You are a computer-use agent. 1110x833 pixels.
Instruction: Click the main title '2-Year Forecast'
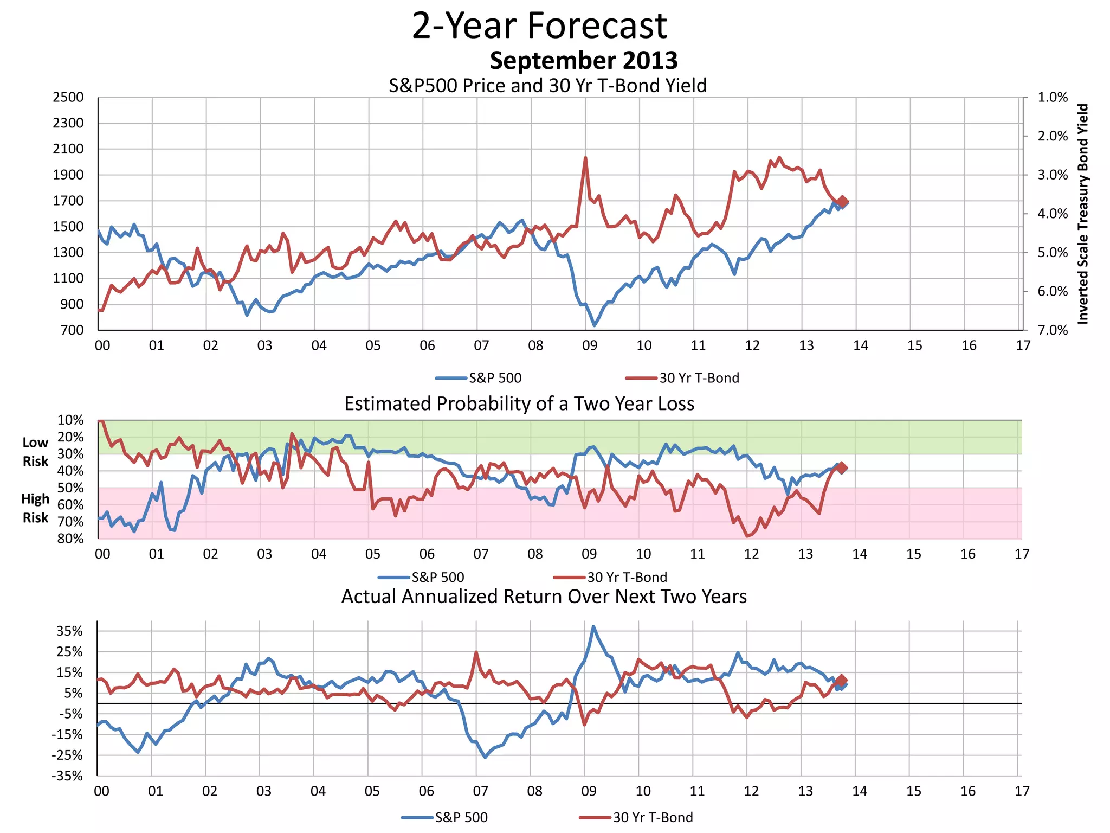click(x=539, y=25)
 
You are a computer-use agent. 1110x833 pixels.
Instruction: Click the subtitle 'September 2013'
click(x=583, y=60)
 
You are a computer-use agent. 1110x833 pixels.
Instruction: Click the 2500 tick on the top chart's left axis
click(x=68, y=98)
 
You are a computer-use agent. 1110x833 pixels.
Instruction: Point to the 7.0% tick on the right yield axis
click(x=1052, y=330)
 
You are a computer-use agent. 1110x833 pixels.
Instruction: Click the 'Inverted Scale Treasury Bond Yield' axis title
click(x=1082, y=214)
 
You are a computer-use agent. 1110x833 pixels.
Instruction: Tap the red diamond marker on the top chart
click(x=842, y=201)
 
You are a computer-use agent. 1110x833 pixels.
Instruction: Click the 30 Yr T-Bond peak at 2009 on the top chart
click(x=585, y=158)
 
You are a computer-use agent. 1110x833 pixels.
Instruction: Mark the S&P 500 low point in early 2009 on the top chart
click(x=595, y=325)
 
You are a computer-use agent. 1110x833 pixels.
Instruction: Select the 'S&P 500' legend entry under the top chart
click(x=494, y=378)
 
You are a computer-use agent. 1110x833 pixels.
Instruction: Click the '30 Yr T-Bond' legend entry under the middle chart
click(x=627, y=577)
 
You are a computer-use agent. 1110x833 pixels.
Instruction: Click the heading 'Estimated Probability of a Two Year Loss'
click(x=519, y=403)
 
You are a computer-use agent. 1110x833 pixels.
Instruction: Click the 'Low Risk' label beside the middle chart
click(x=35, y=452)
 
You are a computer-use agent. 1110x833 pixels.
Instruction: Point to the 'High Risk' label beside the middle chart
click(x=35, y=508)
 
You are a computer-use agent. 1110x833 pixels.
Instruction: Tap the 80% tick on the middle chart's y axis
click(x=70, y=539)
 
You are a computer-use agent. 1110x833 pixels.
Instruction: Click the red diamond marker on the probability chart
click(x=842, y=467)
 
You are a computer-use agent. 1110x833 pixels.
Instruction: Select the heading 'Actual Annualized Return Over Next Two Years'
click(x=544, y=596)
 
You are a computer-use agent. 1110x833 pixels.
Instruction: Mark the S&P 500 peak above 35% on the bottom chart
click(x=593, y=626)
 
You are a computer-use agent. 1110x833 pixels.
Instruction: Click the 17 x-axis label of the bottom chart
click(x=1022, y=791)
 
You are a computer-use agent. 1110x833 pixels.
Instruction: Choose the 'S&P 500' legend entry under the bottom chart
click(x=461, y=817)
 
